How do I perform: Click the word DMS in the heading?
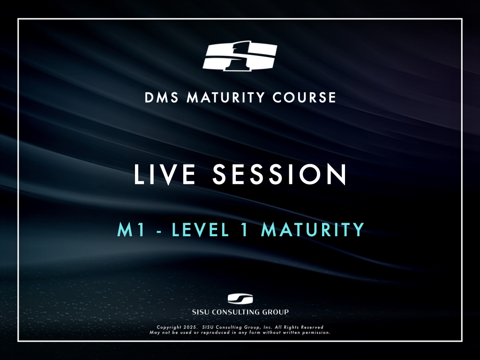(x=161, y=97)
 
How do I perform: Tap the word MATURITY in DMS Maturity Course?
(x=225, y=97)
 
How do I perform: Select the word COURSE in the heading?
(x=304, y=97)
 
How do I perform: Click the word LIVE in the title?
(x=165, y=174)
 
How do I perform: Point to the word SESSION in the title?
(x=279, y=174)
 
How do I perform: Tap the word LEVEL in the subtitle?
(x=200, y=230)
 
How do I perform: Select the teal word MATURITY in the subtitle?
(x=313, y=230)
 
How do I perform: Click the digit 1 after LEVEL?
(x=245, y=230)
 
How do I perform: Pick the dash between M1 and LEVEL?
(x=159, y=232)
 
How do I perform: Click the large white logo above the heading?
(x=240, y=56)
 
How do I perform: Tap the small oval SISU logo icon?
(x=240, y=299)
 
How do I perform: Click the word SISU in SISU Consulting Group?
(x=201, y=312)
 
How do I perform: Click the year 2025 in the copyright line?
(x=190, y=327)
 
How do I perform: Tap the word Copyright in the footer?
(x=169, y=327)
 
